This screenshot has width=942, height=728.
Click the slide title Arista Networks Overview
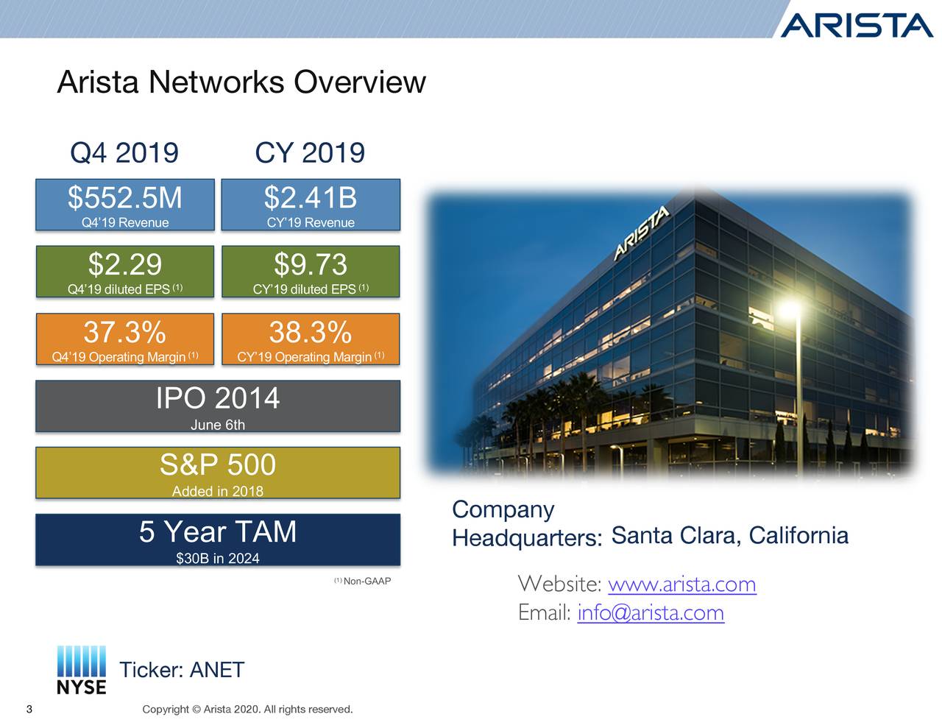tap(241, 82)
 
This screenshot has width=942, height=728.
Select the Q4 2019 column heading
tap(124, 153)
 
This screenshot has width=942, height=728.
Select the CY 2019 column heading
tap(310, 153)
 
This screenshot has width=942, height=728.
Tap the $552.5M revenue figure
tap(125, 198)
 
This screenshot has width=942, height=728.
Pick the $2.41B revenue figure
tap(311, 198)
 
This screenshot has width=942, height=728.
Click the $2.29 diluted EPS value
tap(125, 264)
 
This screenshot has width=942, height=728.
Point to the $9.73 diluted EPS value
tap(311, 264)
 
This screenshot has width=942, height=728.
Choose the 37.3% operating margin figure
tap(125, 332)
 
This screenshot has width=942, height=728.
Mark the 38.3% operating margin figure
tap(311, 332)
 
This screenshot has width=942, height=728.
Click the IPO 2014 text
tap(218, 398)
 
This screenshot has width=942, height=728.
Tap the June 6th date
tap(218, 425)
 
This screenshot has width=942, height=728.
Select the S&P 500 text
tap(218, 464)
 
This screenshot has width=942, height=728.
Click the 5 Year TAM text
tap(218, 531)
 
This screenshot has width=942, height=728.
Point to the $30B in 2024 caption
tap(218, 559)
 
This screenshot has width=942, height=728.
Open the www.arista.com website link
tap(682, 584)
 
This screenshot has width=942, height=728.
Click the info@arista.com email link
tap(651, 612)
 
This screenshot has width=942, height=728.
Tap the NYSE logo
tap(82, 670)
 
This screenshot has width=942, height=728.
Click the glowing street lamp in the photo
tap(790, 308)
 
